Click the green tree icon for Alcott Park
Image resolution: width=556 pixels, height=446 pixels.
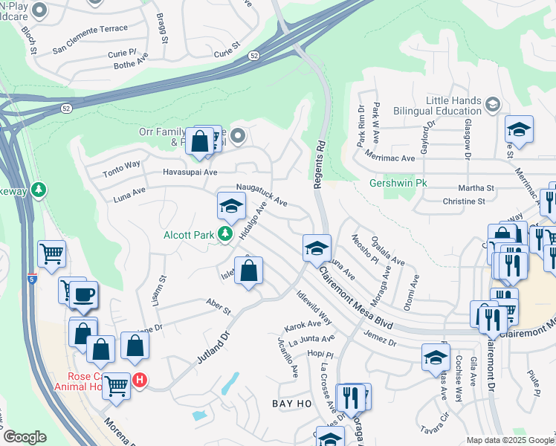(x=224, y=235)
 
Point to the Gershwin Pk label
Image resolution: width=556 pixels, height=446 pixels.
(x=398, y=182)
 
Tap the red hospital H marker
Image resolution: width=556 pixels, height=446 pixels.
(x=139, y=381)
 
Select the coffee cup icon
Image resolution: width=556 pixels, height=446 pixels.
(x=83, y=294)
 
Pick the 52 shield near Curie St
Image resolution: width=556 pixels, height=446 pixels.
(x=254, y=56)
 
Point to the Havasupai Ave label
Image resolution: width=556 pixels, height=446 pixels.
(x=190, y=172)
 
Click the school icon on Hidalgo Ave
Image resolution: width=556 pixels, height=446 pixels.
(x=231, y=206)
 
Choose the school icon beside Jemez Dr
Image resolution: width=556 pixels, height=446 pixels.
(x=436, y=357)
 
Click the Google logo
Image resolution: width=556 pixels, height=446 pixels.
(x=25, y=437)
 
